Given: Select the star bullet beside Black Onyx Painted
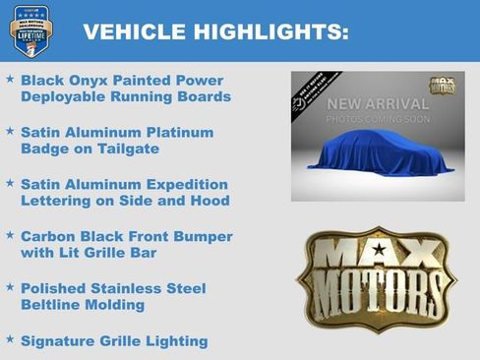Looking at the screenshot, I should (x=10, y=79).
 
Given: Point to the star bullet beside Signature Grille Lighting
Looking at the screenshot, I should (x=10, y=340).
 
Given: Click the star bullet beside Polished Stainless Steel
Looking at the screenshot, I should (x=10, y=288).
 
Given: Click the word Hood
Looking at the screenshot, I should (x=210, y=201).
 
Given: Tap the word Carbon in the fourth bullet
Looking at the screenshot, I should (x=48, y=236).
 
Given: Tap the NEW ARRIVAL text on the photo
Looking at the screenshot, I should (x=378, y=103).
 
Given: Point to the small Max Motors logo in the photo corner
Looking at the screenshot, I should (x=443, y=86).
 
